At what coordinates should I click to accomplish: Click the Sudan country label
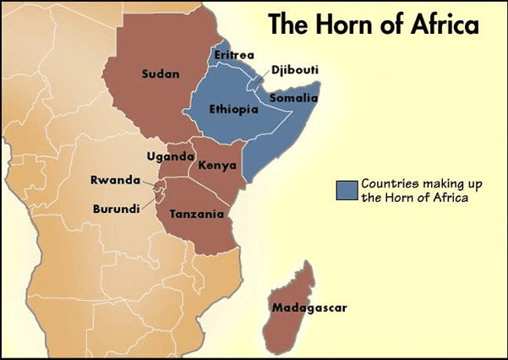pos(161,74)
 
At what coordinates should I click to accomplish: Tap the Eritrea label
pos(234,55)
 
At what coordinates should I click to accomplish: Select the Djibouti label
pos(296,69)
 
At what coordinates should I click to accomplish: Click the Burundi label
pos(116,208)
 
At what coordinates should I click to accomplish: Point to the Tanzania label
pos(196,215)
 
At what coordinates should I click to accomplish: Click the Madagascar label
pos(309,308)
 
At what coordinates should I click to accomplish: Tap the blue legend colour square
pos(346,190)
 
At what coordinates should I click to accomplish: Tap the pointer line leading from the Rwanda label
pos(150,183)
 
